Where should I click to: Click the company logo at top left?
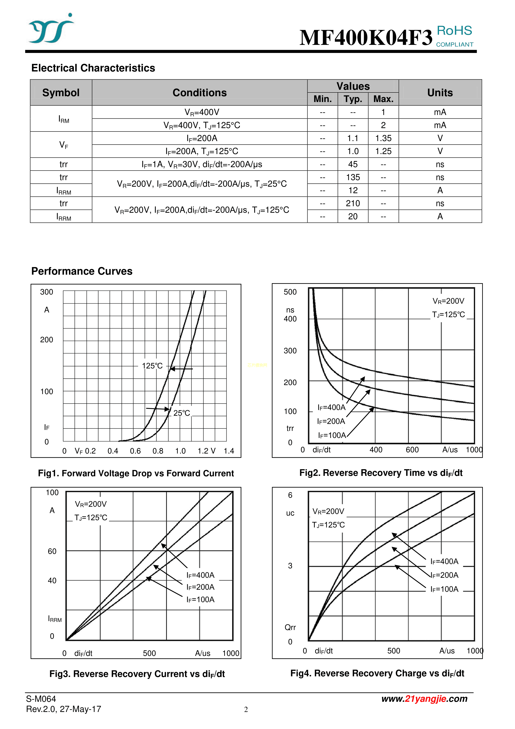point(50,29)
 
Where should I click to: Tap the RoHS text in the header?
point(454,31)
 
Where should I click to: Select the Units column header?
point(440,92)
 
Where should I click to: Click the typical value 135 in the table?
point(353,177)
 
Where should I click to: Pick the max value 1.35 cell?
point(383,138)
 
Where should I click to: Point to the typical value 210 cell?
point(353,203)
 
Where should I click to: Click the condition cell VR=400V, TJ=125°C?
point(202,125)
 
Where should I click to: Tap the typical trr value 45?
point(353,164)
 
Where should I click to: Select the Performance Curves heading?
point(82,271)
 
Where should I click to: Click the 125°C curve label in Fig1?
point(152,366)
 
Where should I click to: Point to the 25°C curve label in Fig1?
point(181,413)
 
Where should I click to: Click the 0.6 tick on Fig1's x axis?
point(135,451)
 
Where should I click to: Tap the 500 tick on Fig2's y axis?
point(290,292)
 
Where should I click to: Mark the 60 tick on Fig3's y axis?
point(52,551)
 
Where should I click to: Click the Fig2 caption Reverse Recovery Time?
point(381,473)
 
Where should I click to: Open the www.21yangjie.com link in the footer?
point(424,698)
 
